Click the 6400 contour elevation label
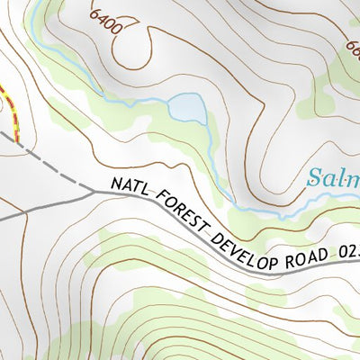click(105, 19)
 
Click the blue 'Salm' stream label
click(332, 177)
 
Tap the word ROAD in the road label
click(301, 262)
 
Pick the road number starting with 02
click(346, 261)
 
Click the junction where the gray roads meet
click(94, 191)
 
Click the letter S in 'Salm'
click(314, 177)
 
